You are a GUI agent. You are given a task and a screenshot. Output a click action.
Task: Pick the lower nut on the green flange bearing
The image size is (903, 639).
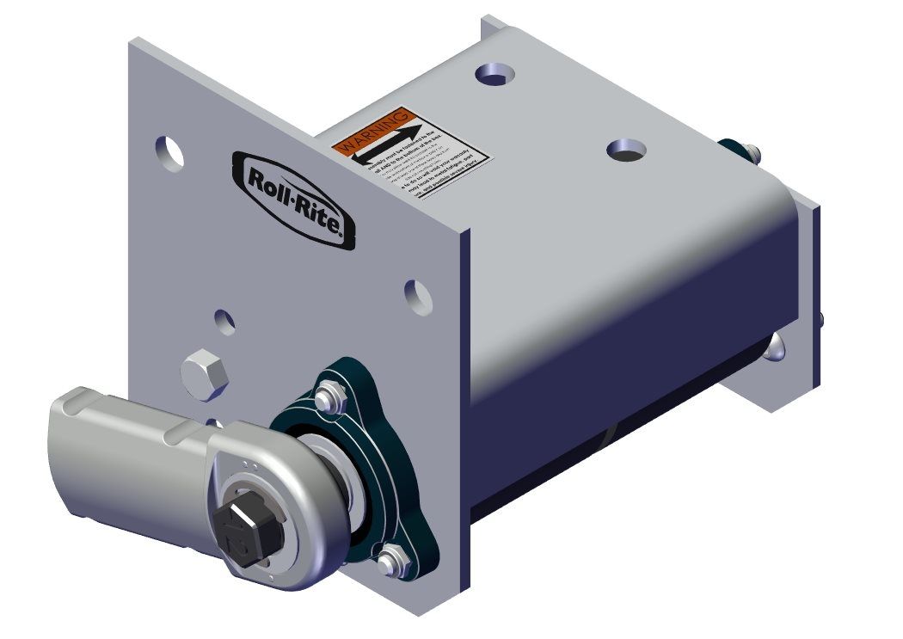(391, 564)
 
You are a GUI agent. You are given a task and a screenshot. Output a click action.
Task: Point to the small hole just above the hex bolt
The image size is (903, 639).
(224, 322)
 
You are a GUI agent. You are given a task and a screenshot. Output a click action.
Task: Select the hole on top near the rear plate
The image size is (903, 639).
(494, 75)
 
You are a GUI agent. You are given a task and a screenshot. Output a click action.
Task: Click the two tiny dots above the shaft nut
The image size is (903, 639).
(250, 465)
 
